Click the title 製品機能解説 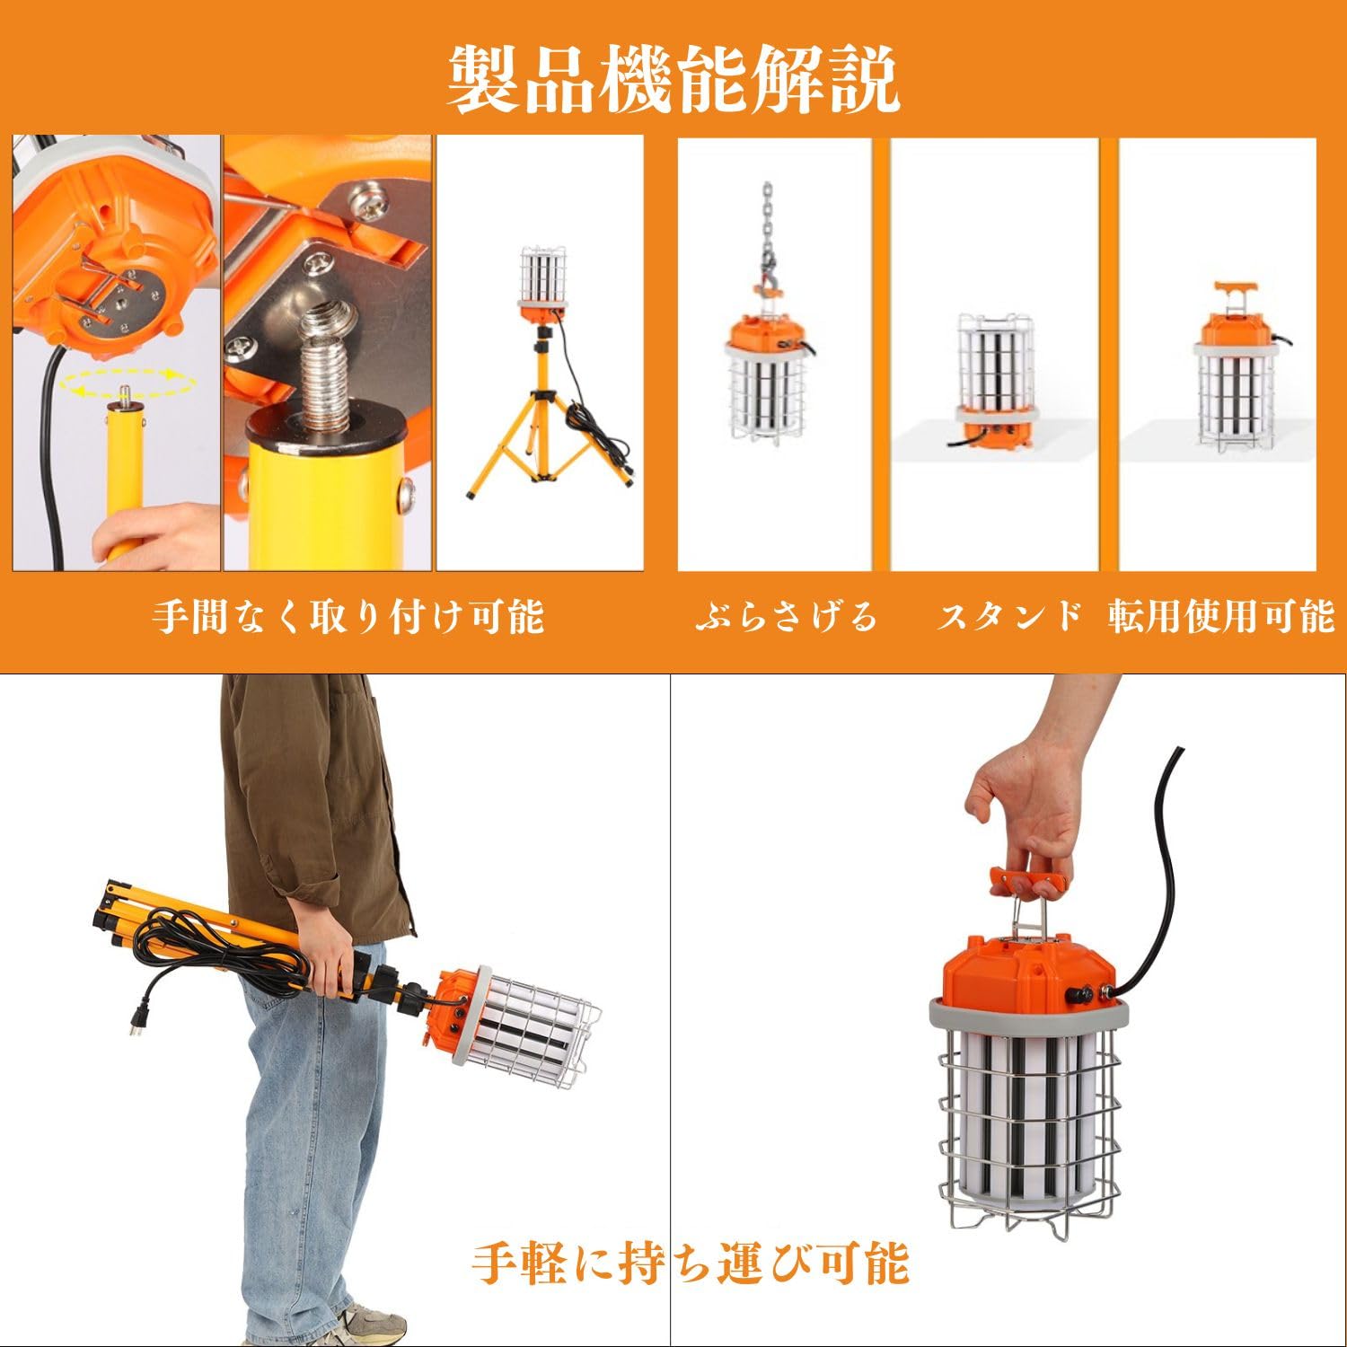pyautogui.click(x=673, y=81)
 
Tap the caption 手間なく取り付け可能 pyautogui.click(x=348, y=617)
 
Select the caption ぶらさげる pyautogui.click(x=786, y=617)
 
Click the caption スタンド pyautogui.click(x=1010, y=617)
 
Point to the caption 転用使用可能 pyautogui.click(x=1221, y=617)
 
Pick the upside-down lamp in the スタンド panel pyautogui.click(x=993, y=382)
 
